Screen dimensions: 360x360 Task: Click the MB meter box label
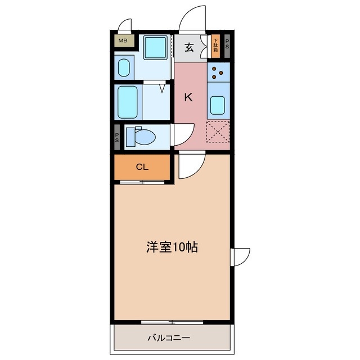(123, 40)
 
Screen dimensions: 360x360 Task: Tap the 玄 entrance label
(190, 47)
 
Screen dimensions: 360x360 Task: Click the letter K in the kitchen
(189, 97)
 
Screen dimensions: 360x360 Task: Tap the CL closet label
(142, 166)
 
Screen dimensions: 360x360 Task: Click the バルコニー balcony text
(169, 338)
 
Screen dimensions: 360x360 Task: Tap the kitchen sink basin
(218, 105)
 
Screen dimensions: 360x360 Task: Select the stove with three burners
(219, 71)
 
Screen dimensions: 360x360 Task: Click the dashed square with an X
(218, 133)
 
